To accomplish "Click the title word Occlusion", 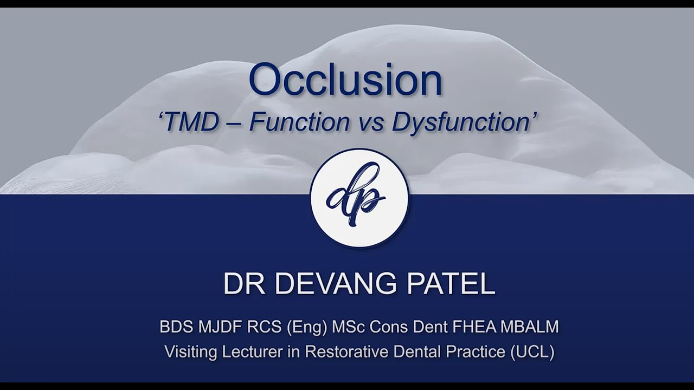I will coord(345,80).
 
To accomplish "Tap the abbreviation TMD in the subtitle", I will coord(190,122).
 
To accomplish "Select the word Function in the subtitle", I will coord(299,122).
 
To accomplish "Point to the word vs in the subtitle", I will coord(370,123).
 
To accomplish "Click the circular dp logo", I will coord(359,198).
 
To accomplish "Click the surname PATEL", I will coord(457,283).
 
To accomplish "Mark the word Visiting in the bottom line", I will coord(191,352).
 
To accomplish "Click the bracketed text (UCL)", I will coord(532,352).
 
